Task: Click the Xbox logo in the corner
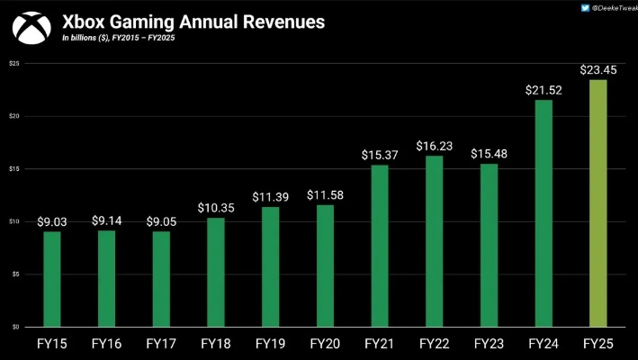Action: [31, 29]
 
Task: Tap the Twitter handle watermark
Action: [605, 7]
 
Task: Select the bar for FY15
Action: [52, 279]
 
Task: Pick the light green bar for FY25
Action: [598, 203]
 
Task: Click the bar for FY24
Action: [544, 213]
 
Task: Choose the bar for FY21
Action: [380, 246]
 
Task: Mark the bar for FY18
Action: [216, 272]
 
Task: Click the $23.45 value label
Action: [598, 67]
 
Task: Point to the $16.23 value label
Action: [435, 144]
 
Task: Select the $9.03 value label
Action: [52, 220]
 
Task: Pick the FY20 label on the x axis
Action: [325, 343]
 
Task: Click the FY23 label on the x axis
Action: [489, 343]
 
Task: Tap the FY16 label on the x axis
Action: [107, 343]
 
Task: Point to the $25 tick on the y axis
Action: [13, 64]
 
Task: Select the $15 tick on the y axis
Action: [13, 168]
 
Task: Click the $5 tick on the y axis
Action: [13, 274]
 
